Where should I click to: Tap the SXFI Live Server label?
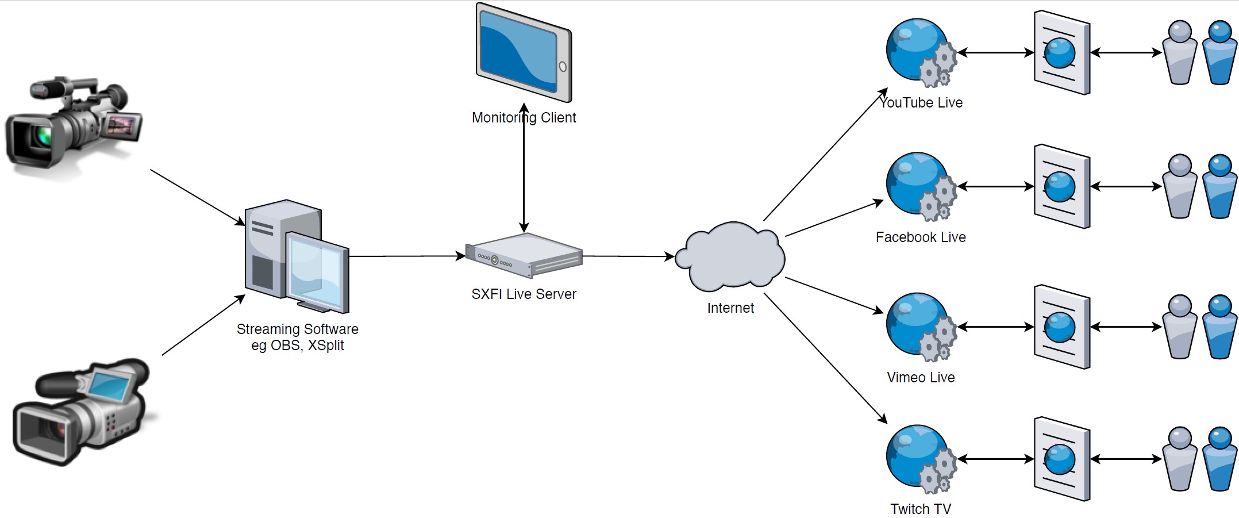point(524,294)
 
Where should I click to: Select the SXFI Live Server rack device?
point(524,255)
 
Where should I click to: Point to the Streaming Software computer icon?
point(297,256)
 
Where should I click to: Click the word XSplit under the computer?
point(326,346)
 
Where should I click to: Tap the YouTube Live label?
point(921,103)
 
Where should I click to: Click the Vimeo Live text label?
point(921,378)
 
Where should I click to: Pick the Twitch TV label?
point(921,509)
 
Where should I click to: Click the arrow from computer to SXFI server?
point(407,256)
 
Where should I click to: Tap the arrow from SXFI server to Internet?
point(628,256)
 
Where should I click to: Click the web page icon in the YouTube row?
point(1061,53)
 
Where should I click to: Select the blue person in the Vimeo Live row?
point(1219,327)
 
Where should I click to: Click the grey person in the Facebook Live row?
point(1179,187)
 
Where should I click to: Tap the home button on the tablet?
point(563,67)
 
